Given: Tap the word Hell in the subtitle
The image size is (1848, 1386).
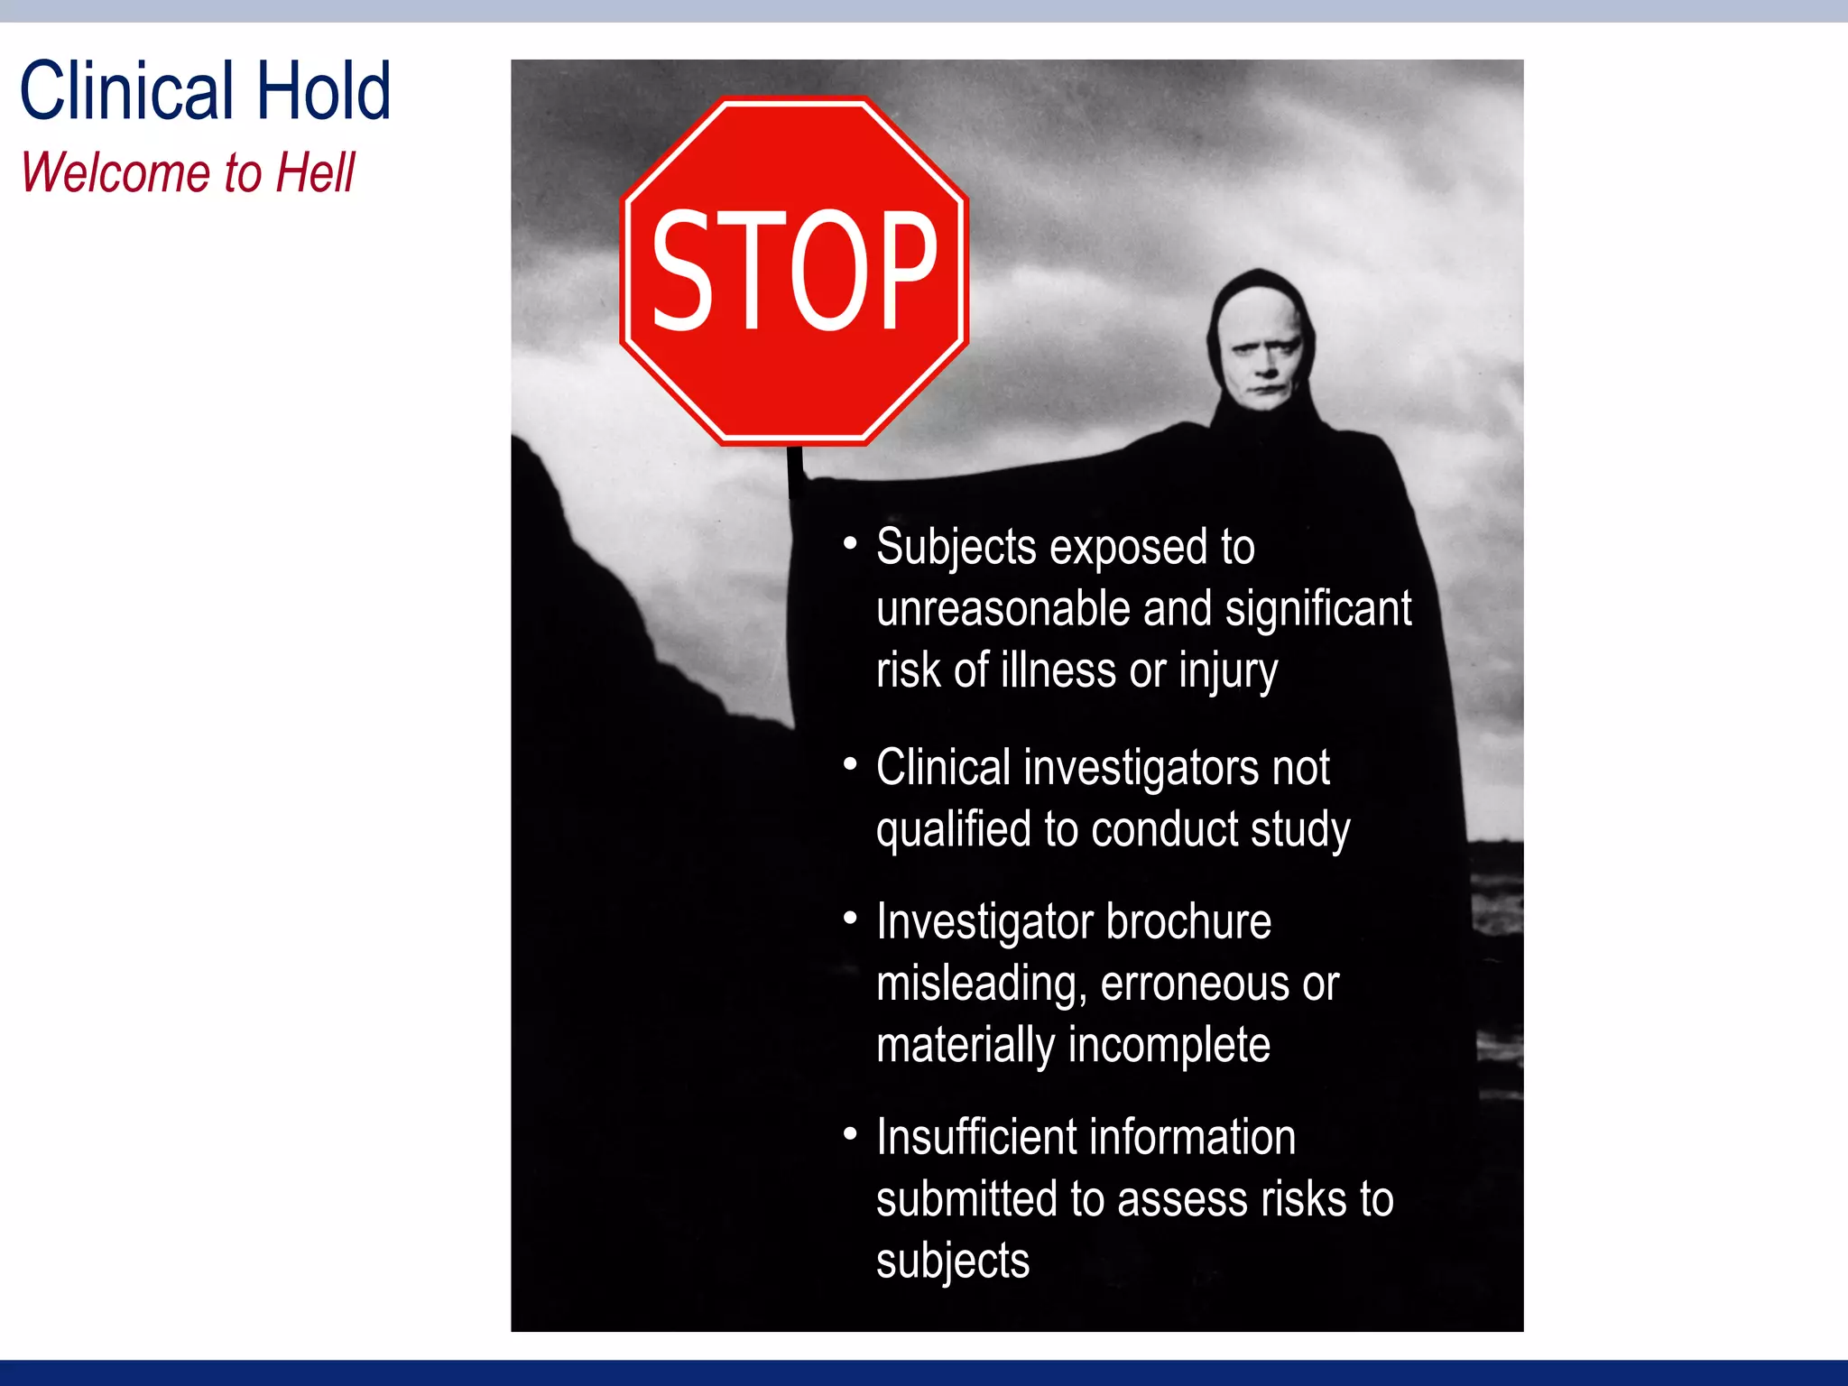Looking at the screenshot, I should (x=316, y=173).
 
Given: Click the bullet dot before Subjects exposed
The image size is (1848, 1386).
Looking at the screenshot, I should (x=849, y=543).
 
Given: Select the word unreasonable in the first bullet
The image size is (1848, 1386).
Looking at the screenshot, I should (x=1003, y=609).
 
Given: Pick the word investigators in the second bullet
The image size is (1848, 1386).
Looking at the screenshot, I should (x=1141, y=768).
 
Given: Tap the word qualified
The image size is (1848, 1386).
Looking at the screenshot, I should (x=953, y=829).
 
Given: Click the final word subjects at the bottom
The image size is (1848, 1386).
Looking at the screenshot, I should (x=952, y=1261).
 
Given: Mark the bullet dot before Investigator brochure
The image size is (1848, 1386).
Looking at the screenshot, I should (x=849, y=919).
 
